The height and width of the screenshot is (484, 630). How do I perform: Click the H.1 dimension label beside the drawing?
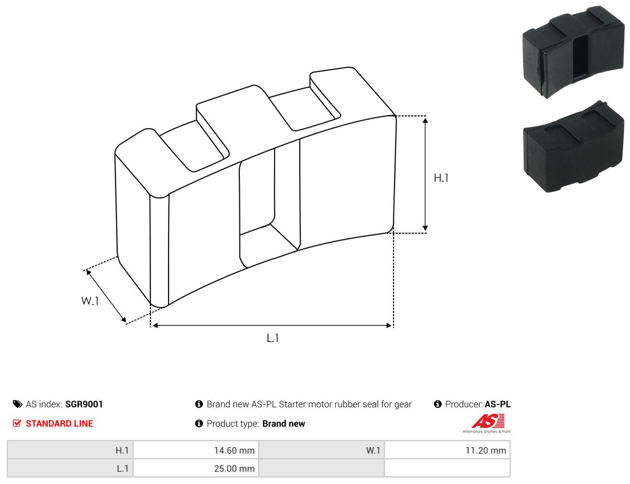pyautogui.click(x=441, y=178)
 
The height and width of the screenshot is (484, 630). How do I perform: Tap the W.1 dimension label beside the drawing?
pyautogui.click(x=90, y=301)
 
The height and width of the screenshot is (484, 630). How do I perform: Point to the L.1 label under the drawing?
pyautogui.click(x=272, y=338)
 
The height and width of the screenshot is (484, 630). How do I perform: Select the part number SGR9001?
pyautogui.click(x=84, y=404)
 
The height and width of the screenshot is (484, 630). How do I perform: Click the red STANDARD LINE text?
pyautogui.click(x=59, y=423)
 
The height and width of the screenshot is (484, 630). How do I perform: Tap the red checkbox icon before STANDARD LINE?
pyautogui.click(x=17, y=423)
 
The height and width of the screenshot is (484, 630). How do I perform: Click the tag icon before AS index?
pyautogui.click(x=17, y=404)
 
